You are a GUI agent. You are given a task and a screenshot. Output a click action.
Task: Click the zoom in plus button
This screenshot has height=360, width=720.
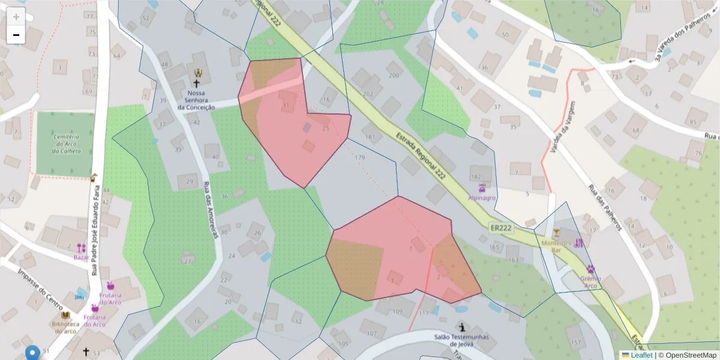(x=16, y=17)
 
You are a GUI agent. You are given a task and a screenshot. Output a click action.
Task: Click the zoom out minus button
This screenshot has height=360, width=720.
(x=16, y=35)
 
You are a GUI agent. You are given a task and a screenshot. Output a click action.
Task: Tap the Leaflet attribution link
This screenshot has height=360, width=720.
(x=641, y=355)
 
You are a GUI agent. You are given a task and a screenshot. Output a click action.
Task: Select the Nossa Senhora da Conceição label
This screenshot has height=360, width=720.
(x=196, y=100)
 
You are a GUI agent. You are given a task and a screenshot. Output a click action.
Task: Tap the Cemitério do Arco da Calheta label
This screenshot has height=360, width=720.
(x=66, y=144)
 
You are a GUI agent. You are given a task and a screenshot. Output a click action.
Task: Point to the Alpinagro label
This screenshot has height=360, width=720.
(x=482, y=197)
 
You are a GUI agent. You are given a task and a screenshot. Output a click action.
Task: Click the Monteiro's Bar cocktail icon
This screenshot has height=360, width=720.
(x=556, y=233)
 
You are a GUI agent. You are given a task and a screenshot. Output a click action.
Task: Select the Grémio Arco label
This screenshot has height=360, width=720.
(x=590, y=282)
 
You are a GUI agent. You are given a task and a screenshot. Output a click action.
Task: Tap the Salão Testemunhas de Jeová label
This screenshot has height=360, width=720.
(x=461, y=340)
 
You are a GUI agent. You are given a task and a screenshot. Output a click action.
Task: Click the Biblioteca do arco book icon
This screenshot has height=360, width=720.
(x=65, y=315)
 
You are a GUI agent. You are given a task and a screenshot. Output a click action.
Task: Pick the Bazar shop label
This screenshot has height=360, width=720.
(x=82, y=257)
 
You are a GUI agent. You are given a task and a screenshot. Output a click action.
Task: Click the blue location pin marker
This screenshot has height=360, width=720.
(x=32, y=353)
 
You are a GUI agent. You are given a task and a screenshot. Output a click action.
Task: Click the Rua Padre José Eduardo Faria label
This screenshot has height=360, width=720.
(x=96, y=231)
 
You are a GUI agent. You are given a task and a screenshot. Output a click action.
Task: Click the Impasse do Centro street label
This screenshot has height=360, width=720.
(x=36, y=286)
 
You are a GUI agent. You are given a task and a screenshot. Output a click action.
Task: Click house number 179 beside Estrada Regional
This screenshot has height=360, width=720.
(x=359, y=158)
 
